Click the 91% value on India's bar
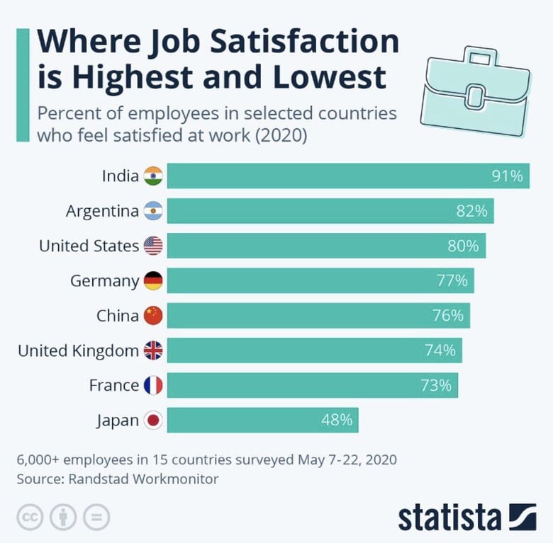pyautogui.click(x=507, y=176)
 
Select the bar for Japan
pyautogui.click(x=262, y=420)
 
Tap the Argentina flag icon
pyautogui.click(x=153, y=211)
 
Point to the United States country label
pyautogui.click(x=89, y=246)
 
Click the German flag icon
pyautogui.click(x=153, y=281)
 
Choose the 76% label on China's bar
pyautogui.click(x=447, y=316)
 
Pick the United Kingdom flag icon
pyautogui.click(x=153, y=350)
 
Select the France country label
pyautogui.click(x=113, y=385)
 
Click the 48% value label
pyautogui.click(x=336, y=420)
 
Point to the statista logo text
pyautogui.click(x=449, y=518)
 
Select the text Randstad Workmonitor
pyautogui.click(x=144, y=479)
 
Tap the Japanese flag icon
pyautogui.click(x=153, y=421)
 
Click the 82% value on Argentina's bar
pyautogui.click(x=471, y=211)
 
